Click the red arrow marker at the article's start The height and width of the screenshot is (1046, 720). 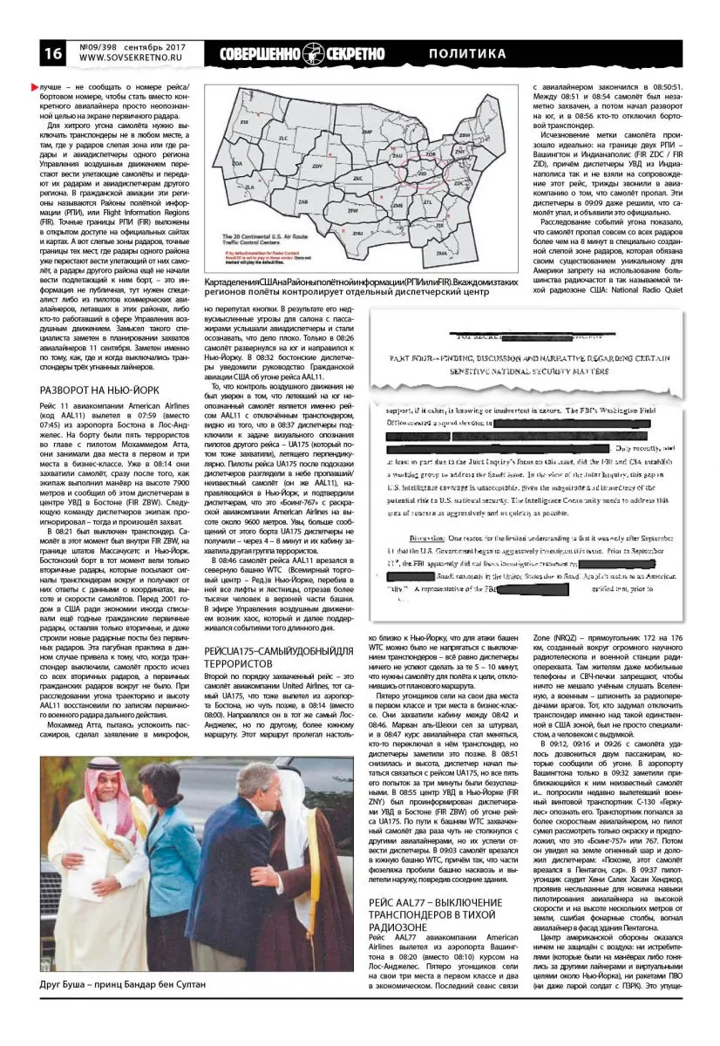coord(35,87)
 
